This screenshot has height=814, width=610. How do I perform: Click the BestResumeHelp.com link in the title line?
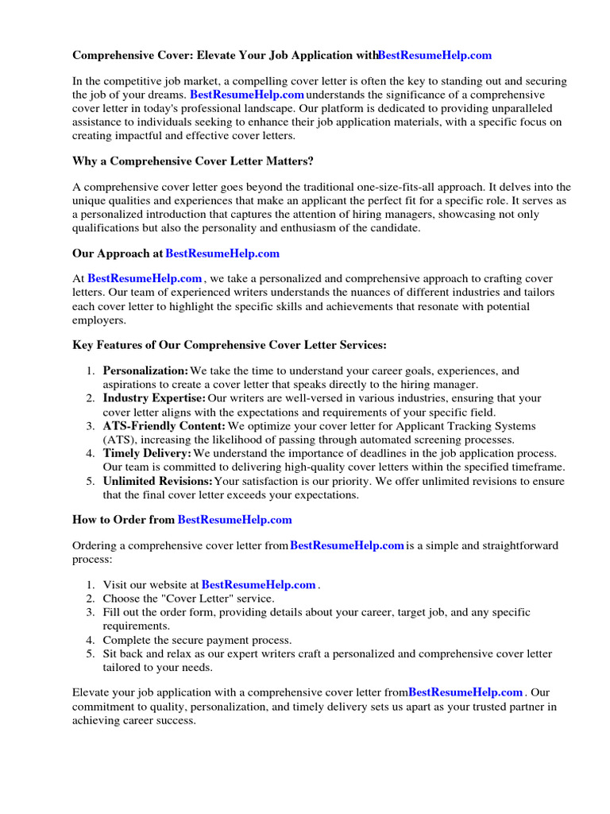point(434,56)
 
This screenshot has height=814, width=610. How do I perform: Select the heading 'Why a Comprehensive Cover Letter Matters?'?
point(193,162)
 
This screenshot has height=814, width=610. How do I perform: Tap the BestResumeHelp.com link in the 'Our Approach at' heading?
point(222,254)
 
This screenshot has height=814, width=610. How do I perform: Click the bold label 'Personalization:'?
point(145,371)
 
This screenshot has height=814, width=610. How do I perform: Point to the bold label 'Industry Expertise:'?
point(154,398)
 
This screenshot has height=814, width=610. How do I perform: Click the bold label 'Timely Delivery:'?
point(147,453)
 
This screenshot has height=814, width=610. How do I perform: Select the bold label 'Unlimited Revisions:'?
point(157,481)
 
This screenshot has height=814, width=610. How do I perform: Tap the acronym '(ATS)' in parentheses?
point(120,440)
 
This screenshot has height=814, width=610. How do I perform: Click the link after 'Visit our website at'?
point(259,585)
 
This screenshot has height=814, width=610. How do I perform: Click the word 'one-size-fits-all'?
point(389,188)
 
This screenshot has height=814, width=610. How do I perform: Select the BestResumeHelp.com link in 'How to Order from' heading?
point(235,520)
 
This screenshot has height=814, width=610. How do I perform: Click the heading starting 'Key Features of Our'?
point(230,345)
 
